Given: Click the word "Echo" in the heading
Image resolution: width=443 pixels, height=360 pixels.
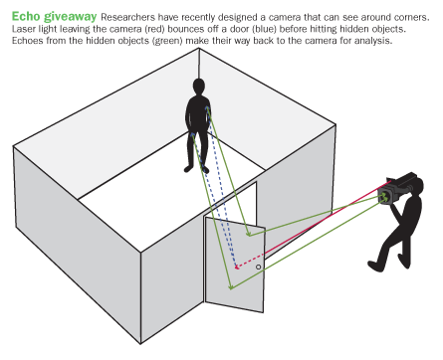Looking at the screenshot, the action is (x=26, y=16).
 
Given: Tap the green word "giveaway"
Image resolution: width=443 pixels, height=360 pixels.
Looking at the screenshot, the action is (x=71, y=17).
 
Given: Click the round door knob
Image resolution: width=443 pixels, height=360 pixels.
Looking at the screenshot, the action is (x=259, y=267).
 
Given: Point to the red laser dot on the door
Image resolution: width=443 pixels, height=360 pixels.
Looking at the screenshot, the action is (x=237, y=268).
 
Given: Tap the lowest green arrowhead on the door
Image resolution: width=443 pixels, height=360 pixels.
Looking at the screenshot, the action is (x=231, y=287).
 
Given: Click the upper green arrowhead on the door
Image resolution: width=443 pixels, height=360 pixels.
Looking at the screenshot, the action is (x=249, y=234).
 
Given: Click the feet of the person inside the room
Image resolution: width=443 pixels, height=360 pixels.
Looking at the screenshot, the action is (x=196, y=169).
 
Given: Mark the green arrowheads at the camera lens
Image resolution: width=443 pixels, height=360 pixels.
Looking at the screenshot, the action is (x=384, y=198).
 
